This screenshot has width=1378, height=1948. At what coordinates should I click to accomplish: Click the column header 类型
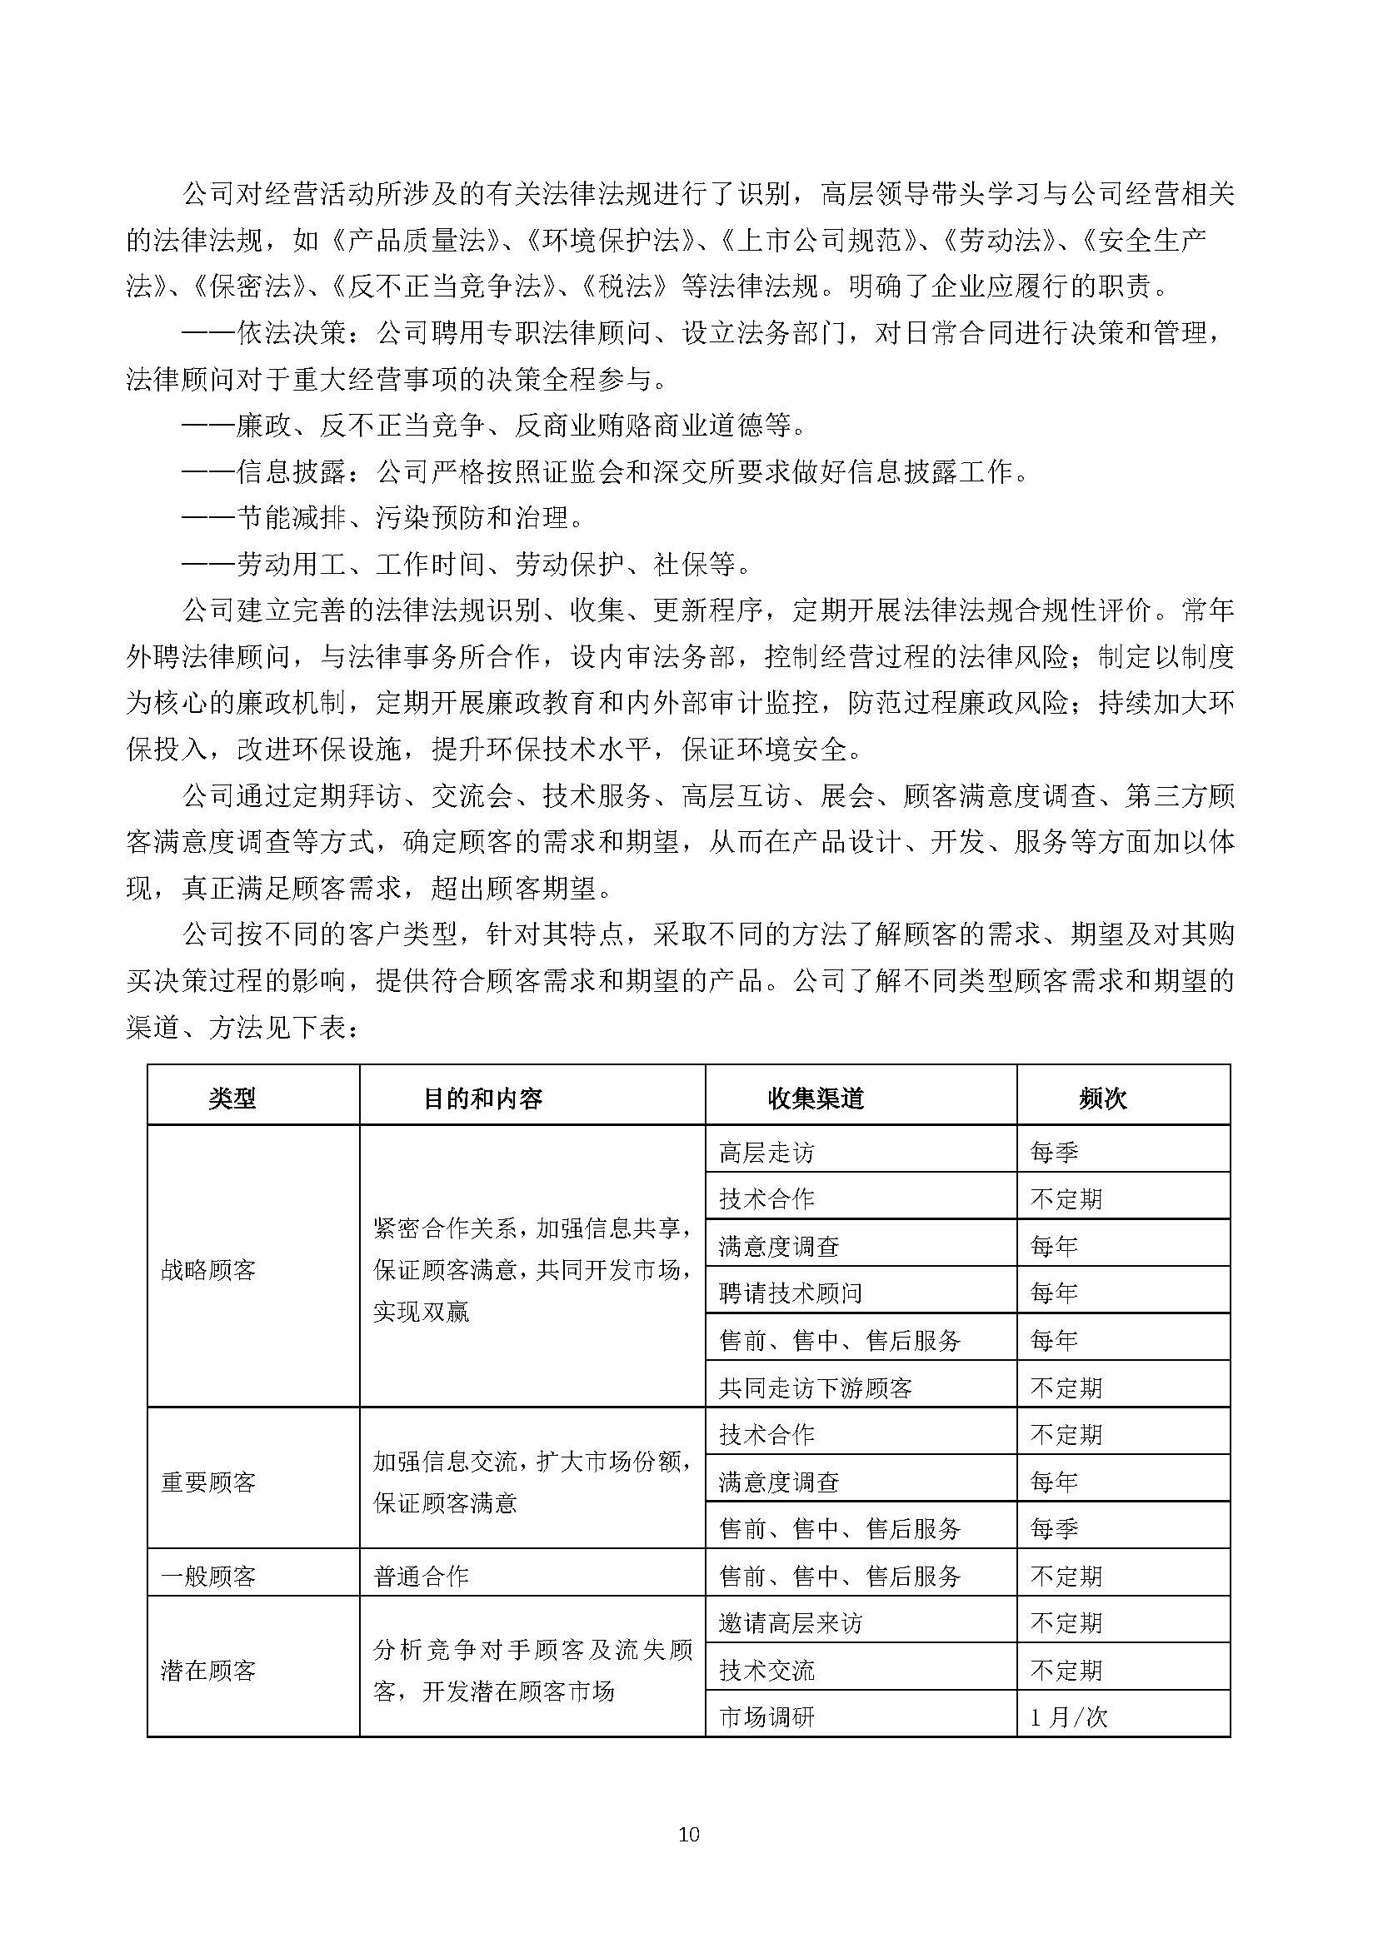pos(232,1099)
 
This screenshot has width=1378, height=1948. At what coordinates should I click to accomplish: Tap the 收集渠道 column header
pos(815,1099)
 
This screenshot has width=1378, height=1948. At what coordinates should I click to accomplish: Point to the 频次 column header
pos(1102,1099)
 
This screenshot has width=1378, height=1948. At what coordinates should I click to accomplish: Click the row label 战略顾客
pos(208,1270)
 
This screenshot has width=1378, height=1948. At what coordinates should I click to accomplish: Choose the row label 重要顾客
pos(208,1482)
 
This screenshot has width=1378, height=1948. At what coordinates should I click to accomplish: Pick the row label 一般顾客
pos(208,1577)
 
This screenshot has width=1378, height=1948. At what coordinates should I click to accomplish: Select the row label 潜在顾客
pos(208,1671)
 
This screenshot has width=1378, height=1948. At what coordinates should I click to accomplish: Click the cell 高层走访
pos(766,1152)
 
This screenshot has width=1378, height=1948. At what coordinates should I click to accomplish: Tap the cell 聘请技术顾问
pos(790,1293)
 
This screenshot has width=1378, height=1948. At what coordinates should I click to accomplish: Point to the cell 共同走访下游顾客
pos(815,1388)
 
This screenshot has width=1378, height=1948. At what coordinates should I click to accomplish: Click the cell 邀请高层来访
pos(790,1623)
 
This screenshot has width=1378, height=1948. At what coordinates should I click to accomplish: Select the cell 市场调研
pos(766,1717)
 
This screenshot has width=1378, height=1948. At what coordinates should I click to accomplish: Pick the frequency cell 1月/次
pos(1068,1717)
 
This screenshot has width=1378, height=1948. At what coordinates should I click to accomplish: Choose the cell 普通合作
pos(421,1577)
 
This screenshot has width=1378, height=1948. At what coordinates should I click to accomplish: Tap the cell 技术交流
pos(766,1671)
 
